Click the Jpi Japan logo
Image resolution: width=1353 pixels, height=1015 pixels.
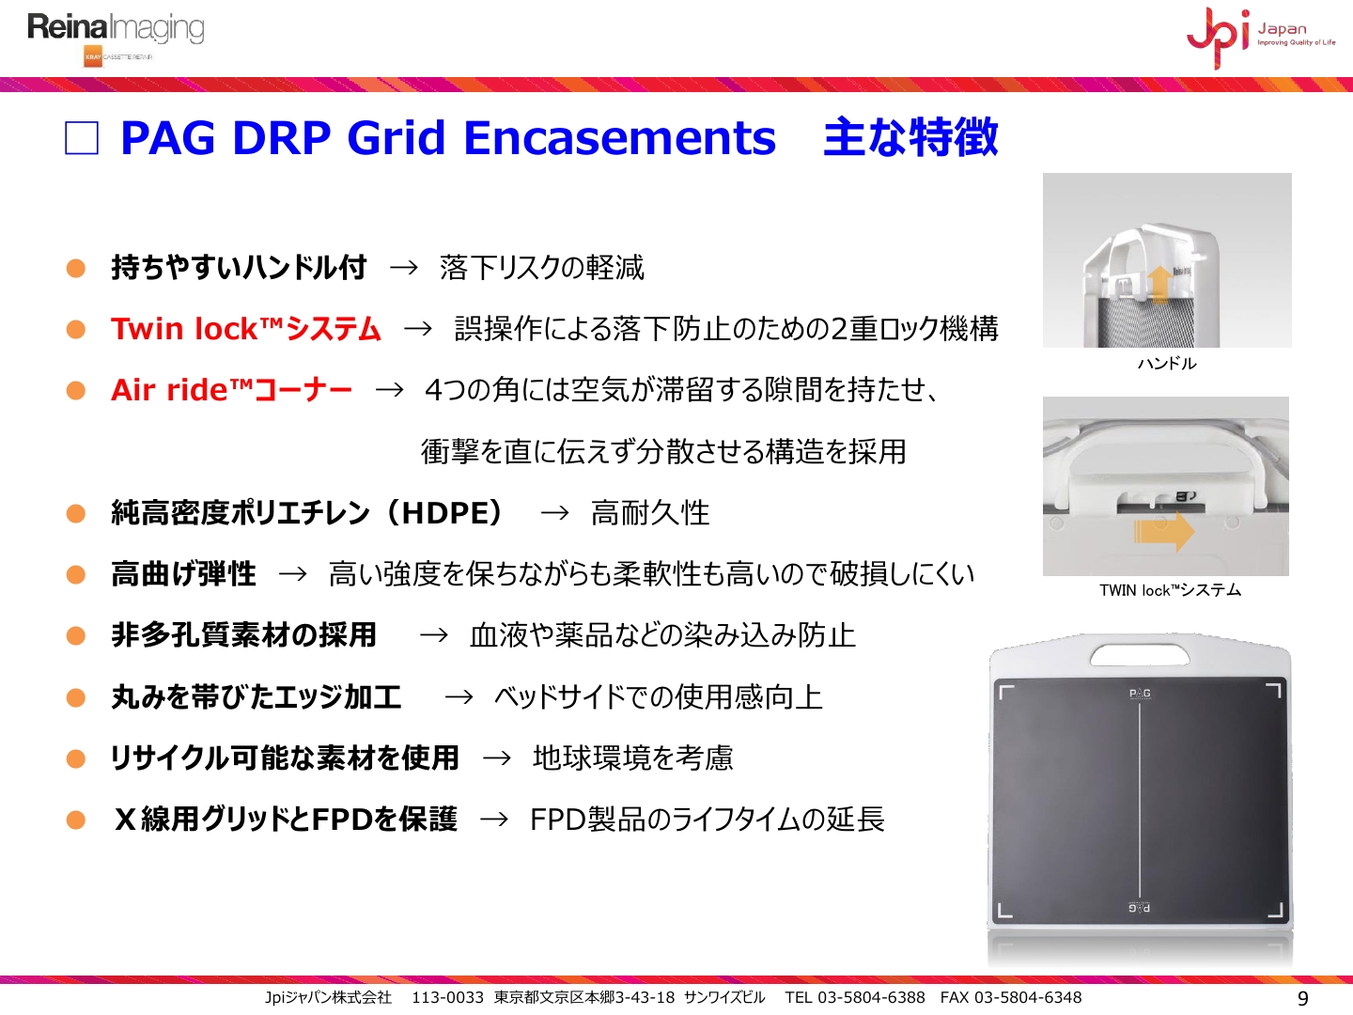click(1261, 38)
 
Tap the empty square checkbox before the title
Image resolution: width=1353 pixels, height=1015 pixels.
click(82, 137)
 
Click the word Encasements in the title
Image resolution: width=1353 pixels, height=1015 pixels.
click(619, 137)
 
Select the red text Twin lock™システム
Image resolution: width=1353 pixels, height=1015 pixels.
click(246, 329)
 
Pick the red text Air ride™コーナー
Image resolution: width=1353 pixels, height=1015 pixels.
click(231, 389)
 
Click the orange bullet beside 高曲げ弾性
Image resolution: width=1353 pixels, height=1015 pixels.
click(76, 574)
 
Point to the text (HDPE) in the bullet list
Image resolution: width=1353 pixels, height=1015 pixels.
click(448, 513)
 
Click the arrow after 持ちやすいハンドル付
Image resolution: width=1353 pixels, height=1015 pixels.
click(404, 268)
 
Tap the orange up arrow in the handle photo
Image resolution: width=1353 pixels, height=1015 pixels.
click(1160, 284)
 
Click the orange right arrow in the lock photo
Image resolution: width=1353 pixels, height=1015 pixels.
click(1164, 531)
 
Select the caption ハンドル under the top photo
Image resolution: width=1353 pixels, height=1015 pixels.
click(1167, 364)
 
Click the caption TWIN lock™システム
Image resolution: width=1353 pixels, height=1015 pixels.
click(1170, 590)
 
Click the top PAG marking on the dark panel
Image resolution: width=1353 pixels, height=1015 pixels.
click(1140, 694)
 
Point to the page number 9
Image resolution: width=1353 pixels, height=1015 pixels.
click(1302, 998)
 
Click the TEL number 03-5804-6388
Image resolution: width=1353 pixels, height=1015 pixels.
click(871, 997)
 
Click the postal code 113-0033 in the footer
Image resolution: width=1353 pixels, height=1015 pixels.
click(447, 997)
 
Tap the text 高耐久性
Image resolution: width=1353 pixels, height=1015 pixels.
click(650, 513)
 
